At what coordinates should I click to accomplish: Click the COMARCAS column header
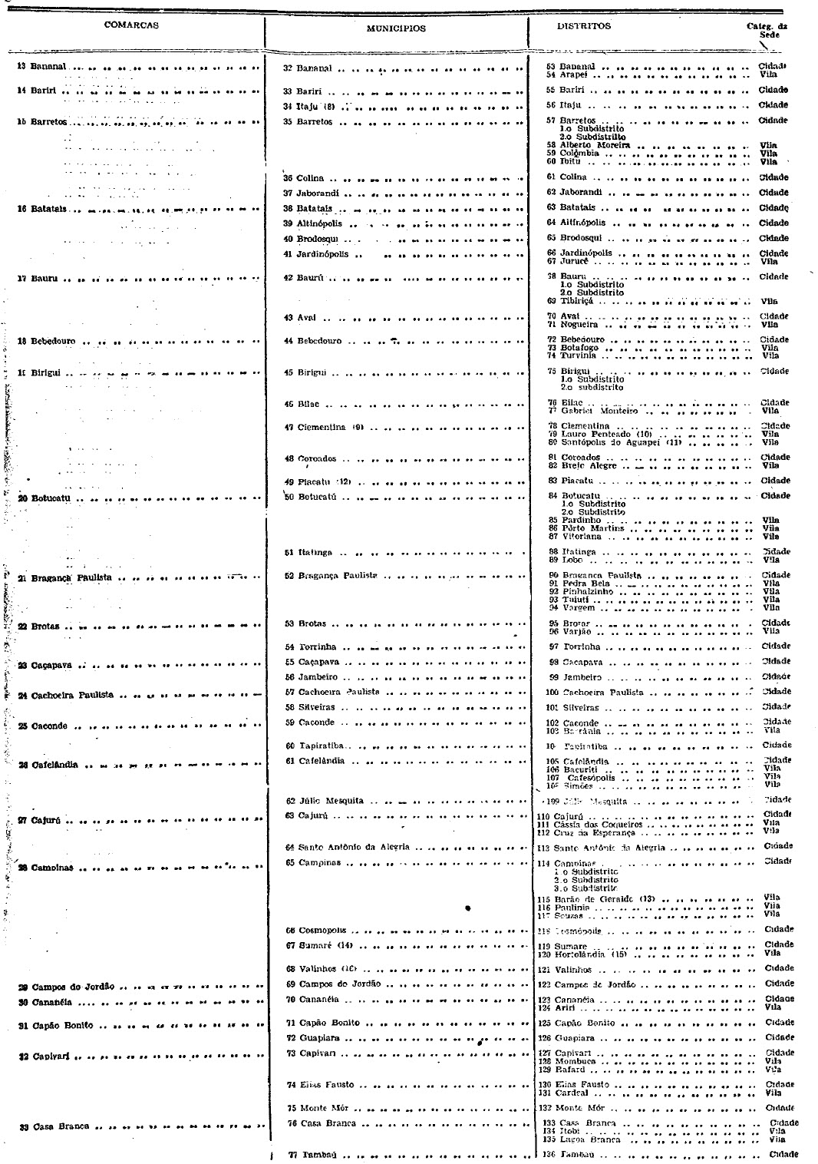[131, 25]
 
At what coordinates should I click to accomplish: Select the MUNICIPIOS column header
[396, 28]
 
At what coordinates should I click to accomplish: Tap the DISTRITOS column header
[584, 26]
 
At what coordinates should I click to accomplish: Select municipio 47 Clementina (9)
[323, 427]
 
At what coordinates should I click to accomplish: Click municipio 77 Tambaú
[314, 1154]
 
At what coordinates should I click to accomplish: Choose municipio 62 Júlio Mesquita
[325, 800]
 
